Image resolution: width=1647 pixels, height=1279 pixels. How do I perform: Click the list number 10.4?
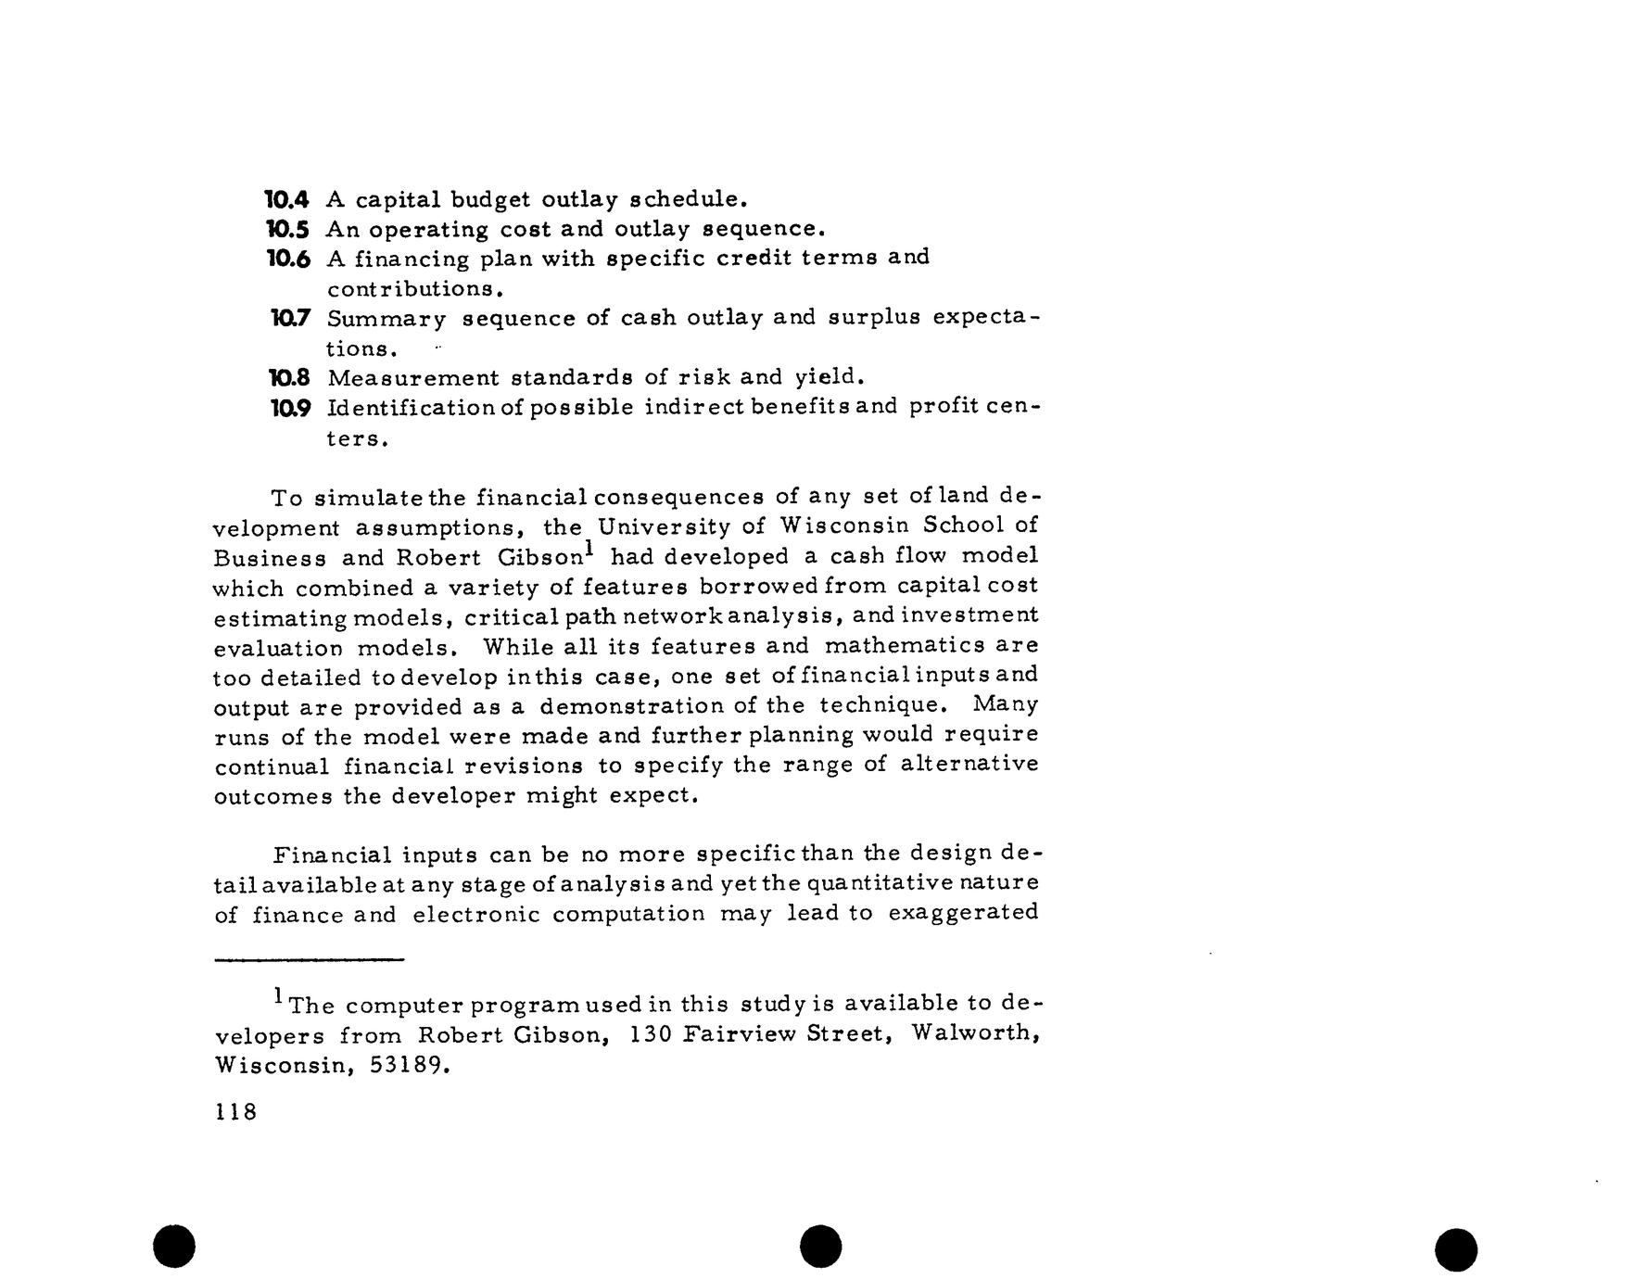click(286, 199)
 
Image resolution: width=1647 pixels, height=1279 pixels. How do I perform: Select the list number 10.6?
click(286, 259)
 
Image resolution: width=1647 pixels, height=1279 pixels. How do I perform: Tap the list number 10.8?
click(287, 378)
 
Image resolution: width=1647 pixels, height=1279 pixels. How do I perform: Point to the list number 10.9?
click(287, 408)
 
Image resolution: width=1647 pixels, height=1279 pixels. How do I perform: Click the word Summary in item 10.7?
click(386, 320)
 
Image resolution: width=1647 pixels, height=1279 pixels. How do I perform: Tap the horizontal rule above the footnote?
click(309, 960)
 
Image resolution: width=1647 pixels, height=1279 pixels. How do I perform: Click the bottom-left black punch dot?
click(174, 1246)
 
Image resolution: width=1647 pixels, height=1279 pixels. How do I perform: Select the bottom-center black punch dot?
click(821, 1246)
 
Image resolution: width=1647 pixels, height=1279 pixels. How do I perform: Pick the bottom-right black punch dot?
click(1456, 1249)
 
